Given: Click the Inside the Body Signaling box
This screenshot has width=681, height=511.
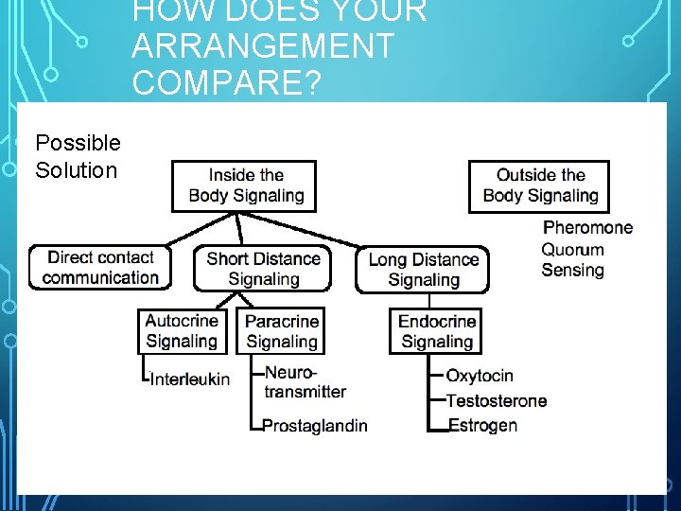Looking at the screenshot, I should click(244, 185).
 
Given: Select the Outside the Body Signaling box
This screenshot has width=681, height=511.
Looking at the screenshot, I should click(539, 185).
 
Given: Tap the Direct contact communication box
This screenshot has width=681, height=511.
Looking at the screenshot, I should click(100, 267).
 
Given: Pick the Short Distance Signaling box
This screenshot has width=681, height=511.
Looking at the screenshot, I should click(263, 268).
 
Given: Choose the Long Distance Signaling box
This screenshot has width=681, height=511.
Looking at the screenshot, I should click(423, 269).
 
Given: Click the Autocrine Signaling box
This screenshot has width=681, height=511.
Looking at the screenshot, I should click(182, 331).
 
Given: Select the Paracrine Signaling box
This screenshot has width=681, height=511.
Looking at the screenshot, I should click(280, 331).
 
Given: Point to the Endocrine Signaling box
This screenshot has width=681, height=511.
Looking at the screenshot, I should click(436, 331).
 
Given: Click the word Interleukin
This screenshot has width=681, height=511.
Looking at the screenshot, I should click(190, 379).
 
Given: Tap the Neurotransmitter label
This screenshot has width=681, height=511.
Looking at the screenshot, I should click(305, 382).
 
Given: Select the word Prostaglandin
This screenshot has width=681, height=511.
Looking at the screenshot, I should click(314, 426).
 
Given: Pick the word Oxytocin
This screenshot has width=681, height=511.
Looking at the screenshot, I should click(480, 376).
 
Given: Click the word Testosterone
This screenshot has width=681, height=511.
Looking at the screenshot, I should click(496, 400).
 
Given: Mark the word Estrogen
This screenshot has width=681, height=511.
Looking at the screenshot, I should click(482, 425).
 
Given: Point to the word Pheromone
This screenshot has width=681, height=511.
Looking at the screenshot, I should click(587, 227).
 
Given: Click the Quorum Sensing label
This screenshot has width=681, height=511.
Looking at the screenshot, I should click(572, 260).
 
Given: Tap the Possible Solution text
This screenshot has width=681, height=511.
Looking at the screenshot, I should click(78, 156).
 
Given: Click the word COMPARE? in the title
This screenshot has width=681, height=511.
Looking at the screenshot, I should click(228, 81).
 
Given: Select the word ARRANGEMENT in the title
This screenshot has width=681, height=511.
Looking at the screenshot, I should click(263, 45).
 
